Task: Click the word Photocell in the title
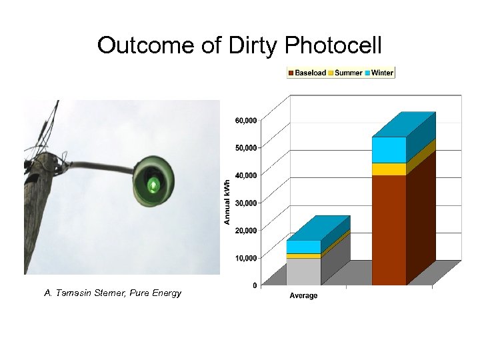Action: click(x=333, y=45)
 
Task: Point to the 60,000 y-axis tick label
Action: click(x=245, y=121)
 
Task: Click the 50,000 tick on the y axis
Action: click(x=245, y=147)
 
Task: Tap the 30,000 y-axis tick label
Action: click(x=245, y=203)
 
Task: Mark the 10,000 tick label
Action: click(x=245, y=258)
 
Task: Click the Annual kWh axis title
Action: click(x=227, y=201)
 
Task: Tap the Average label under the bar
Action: click(x=303, y=295)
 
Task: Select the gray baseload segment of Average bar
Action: click(x=303, y=272)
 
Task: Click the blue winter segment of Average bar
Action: click(x=303, y=247)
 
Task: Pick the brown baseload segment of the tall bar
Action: click(x=389, y=230)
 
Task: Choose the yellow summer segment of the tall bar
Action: click(x=389, y=169)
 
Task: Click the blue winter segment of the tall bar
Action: click(x=389, y=150)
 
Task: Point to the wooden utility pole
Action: click(x=39, y=213)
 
